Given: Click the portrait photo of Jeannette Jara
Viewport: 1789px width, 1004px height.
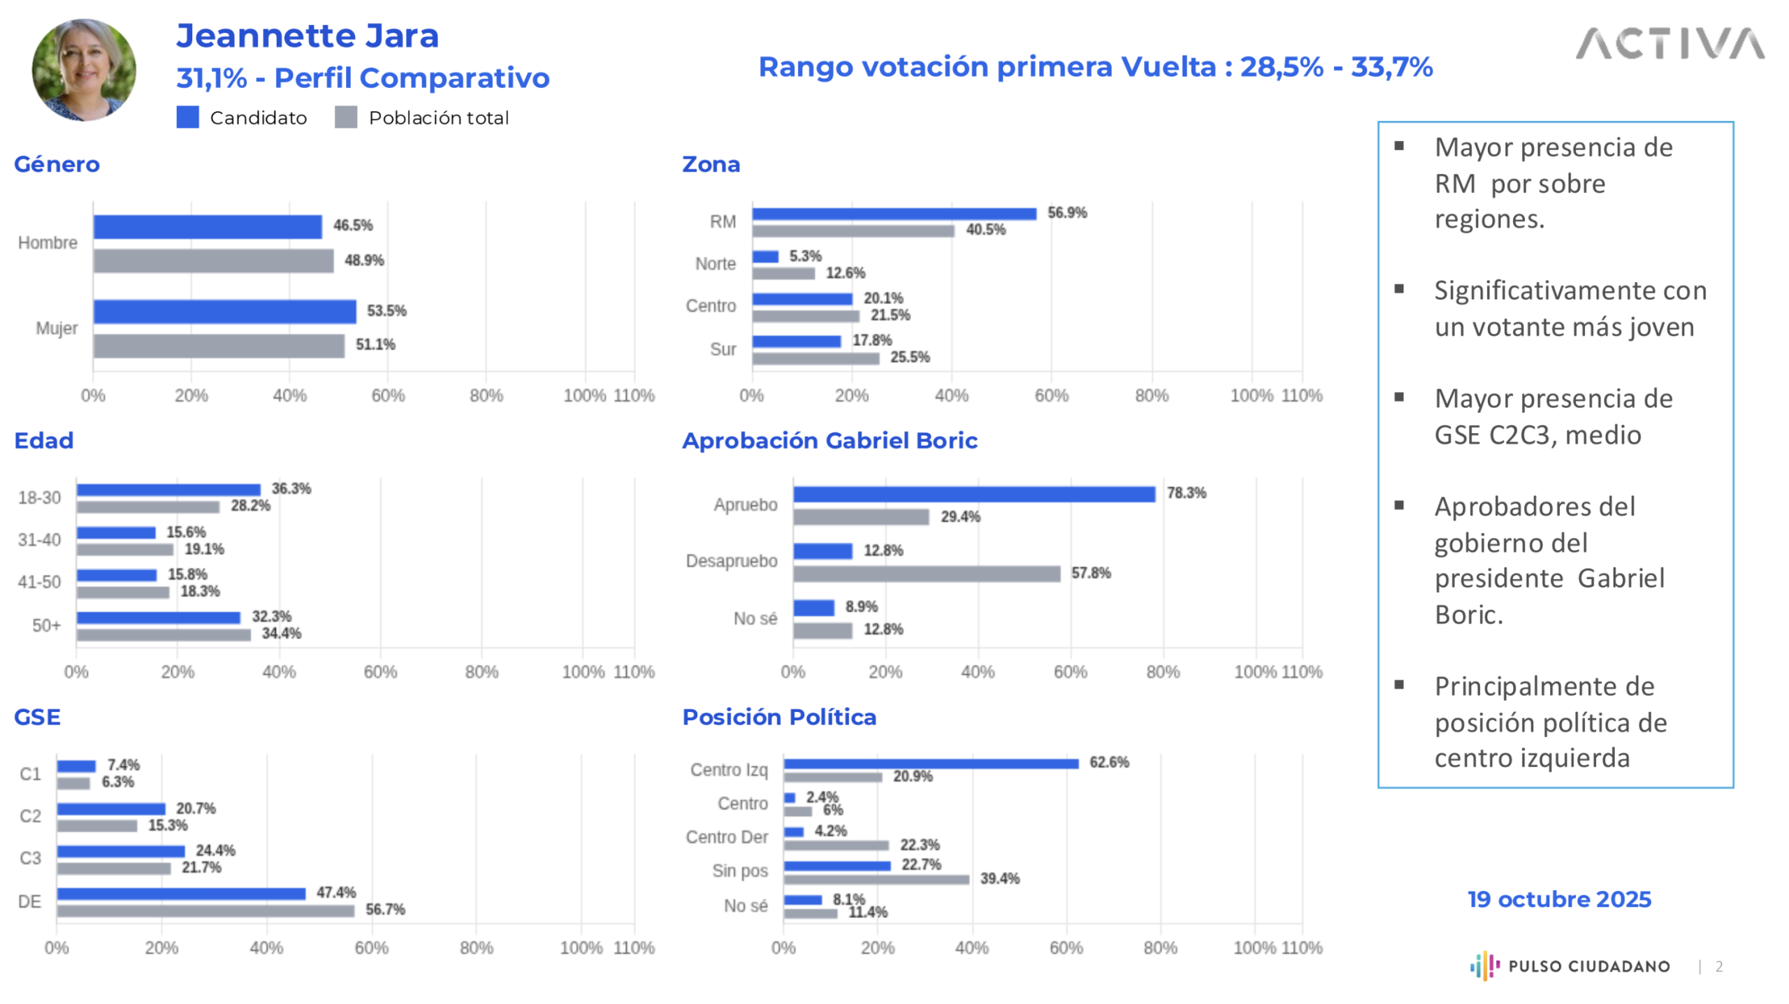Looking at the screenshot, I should point(84,70).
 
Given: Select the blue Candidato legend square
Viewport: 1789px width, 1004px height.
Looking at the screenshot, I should point(187,117).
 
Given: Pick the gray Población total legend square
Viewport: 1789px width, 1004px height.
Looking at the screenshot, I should point(346,117).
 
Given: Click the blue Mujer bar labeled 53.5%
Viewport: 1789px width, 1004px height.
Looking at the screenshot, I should point(224,311).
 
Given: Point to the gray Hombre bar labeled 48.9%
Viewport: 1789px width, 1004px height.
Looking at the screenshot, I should point(213,261).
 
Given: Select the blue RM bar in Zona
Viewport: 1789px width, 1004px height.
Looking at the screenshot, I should point(893,214).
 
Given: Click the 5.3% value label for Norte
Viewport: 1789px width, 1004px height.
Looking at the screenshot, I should point(805,256).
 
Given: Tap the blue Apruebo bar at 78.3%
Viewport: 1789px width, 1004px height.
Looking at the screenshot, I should point(973,494).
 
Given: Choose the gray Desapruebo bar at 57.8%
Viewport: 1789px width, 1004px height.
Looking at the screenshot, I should point(926,574).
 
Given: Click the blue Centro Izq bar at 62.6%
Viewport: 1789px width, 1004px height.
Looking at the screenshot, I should point(930,764).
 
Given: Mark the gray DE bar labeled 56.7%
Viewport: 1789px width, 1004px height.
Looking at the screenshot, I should point(205,910).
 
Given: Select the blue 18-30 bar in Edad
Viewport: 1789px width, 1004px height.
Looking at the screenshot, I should point(168,490).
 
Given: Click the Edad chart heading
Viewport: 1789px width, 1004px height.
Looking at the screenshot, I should point(44,440).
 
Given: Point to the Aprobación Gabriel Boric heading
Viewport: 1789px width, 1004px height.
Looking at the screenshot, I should point(829,440).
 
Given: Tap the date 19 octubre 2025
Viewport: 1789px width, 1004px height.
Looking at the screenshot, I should point(1558,898).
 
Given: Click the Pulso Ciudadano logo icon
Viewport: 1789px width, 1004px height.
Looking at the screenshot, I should point(1484,966).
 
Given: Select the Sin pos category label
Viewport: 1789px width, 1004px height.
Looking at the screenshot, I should point(739,871).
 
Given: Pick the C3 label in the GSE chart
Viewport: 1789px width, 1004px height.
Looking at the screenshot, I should point(30,858).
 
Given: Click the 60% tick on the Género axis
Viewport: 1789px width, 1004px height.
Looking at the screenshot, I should point(388,395).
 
